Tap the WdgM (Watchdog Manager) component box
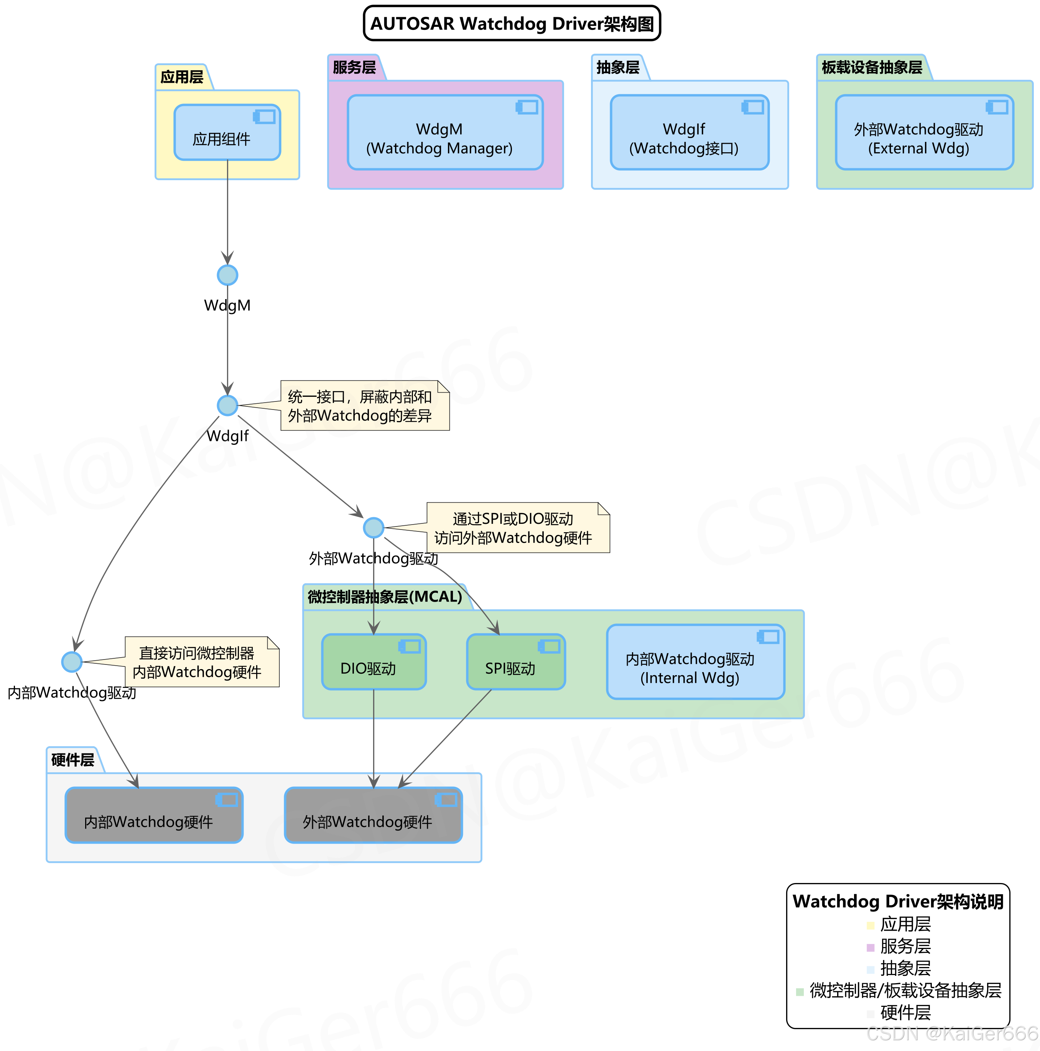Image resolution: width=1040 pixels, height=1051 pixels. click(444, 133)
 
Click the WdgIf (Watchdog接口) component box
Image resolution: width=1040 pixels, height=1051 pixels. click(689, 133)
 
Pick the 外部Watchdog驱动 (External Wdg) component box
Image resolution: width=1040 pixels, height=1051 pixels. click(924, 133)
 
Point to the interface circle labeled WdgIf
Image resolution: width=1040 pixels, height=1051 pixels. click(227, 405)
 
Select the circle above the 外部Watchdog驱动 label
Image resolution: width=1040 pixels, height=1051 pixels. click(374, 527)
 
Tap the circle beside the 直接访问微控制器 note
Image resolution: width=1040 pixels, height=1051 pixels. click(72, 661)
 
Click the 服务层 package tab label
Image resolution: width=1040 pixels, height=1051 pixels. click(354, 67)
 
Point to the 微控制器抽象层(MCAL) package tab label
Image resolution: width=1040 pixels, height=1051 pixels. click(385, 597)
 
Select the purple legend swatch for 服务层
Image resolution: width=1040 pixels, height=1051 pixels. click(870, 947)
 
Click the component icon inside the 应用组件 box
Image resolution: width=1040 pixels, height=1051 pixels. click(265, 117)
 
